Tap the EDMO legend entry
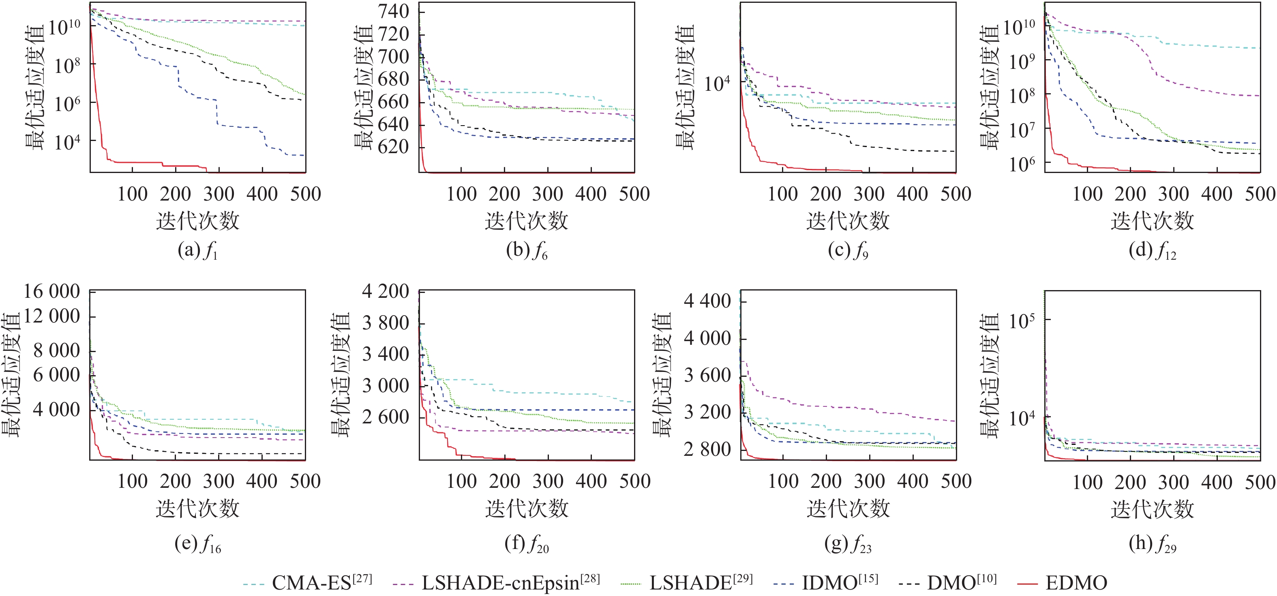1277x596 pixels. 1076,583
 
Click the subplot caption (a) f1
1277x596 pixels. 197,251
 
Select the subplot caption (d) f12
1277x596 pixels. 1152,251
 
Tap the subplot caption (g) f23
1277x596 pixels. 848,544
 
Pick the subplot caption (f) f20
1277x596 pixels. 527,544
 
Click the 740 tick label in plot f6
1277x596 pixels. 394,11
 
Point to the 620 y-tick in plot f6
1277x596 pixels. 394,147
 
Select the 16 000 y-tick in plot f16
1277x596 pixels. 51,291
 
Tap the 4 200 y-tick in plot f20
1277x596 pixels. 386,291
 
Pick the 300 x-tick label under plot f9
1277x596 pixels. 869,194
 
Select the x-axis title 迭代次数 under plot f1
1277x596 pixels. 197,221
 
